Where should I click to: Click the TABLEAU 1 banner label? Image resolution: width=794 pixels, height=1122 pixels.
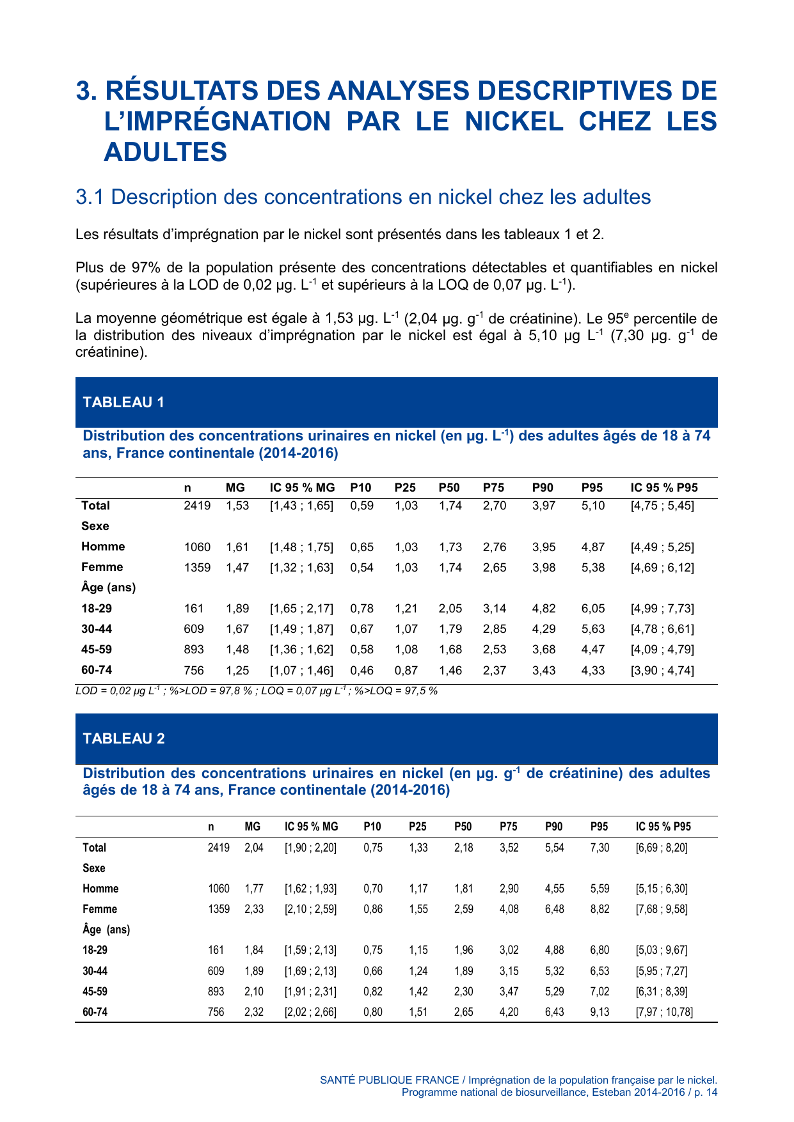(123, 402)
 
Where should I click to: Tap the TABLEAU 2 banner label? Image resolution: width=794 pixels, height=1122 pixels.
(123, 738)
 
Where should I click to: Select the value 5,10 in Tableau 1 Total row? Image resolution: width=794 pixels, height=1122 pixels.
(592, 506)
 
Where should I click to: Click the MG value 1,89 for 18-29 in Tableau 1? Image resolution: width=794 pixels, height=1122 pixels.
(237, 609)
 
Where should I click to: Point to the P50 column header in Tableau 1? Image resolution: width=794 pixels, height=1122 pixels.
(449, 488)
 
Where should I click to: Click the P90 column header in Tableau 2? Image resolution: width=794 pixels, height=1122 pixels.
(553, 827)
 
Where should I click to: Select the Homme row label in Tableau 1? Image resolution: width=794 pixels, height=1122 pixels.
(103, 547)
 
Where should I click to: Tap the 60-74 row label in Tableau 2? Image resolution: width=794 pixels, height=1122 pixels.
(95, 1012)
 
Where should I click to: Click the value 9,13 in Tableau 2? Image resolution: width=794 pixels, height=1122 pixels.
(599, 1012)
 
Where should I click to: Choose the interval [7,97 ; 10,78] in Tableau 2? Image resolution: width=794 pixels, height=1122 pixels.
(664, 1012)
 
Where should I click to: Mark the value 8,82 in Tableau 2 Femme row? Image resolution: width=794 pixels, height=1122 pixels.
(599, 909)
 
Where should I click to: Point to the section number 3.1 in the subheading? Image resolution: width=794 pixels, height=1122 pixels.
(90, 197)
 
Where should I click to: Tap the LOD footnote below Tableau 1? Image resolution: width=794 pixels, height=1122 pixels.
(256, 691)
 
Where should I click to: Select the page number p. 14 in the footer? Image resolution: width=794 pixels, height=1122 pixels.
(704, 1093)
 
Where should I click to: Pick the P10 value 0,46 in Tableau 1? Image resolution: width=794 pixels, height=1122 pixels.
(361, 671)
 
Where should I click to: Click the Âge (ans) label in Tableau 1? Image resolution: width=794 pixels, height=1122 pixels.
(108, 588)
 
